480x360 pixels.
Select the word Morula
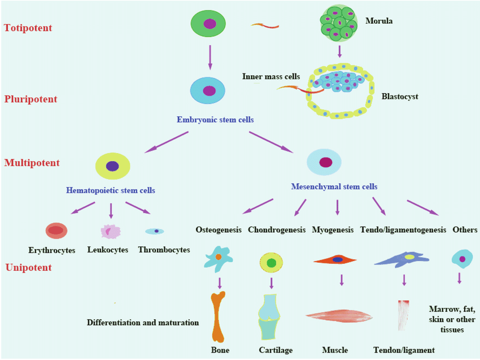pos(379,21)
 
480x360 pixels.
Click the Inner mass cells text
pos(271,76)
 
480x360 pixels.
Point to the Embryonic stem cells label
pos(215,120)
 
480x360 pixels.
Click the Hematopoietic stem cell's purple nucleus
pos(112,166)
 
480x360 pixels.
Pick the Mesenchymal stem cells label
pos(334,186)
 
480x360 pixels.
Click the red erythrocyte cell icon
pos(56,230)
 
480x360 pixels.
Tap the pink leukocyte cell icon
pos(110,231)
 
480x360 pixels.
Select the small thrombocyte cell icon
pos(155,231)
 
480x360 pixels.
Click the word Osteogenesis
pos(219,230)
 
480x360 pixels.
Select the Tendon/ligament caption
pos(404,350)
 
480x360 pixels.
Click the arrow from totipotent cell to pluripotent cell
pos(210,55)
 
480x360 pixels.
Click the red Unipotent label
pos(28,267)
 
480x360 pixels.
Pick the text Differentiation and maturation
pos(143,323)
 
